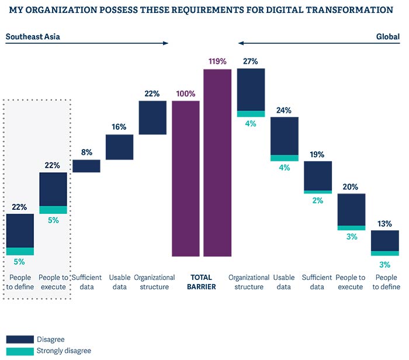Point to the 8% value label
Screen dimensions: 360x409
86,153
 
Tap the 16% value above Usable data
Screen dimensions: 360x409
119,127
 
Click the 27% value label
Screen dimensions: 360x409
250,61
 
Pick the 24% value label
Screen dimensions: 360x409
284,110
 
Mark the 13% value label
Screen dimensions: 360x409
384,223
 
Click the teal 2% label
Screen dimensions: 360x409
318,200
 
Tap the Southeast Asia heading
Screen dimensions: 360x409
33,37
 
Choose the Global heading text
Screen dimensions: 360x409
387,37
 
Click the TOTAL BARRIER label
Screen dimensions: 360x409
202,282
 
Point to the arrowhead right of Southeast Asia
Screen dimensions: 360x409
166,43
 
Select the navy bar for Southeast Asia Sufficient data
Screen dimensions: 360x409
86,166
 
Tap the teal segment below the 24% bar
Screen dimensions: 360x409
284,158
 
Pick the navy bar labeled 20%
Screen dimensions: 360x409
352,209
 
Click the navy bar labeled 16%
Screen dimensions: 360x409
120,147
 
